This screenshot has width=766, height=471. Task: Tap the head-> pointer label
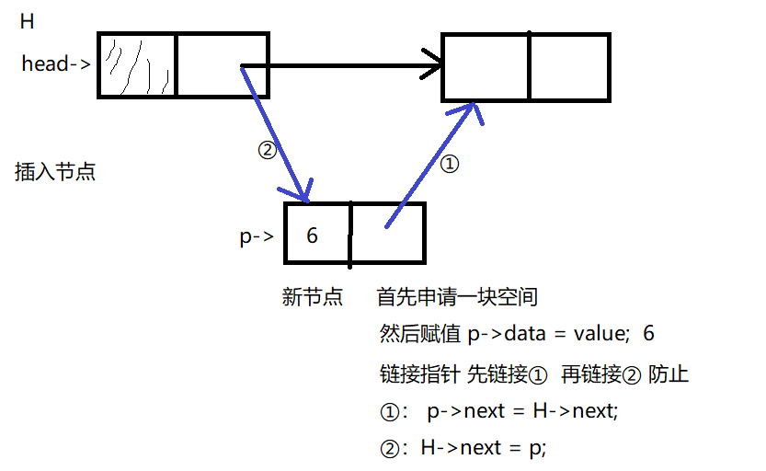[56, 63]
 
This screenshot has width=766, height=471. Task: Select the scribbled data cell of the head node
[136, 65]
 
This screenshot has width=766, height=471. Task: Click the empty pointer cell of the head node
[222, 65]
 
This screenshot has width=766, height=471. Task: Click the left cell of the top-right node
[486, 67]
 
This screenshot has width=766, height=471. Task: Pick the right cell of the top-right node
[569, 67]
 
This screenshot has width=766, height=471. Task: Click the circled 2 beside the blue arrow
[266, 151]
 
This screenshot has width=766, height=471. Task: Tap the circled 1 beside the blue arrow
[450, 164]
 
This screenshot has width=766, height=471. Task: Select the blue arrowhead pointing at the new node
[306, 193]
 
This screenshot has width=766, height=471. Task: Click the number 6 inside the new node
[313, 235]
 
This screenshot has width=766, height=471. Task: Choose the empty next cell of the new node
[387, 233]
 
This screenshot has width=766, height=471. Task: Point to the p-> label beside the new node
[257, 236]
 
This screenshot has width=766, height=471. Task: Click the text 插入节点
[55, 171]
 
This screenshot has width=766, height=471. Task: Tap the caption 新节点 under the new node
[313, 297]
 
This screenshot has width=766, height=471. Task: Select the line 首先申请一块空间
[457, 297]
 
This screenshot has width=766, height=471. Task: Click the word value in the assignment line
[591, 333]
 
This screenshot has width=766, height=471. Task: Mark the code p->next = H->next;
[523, 410]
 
